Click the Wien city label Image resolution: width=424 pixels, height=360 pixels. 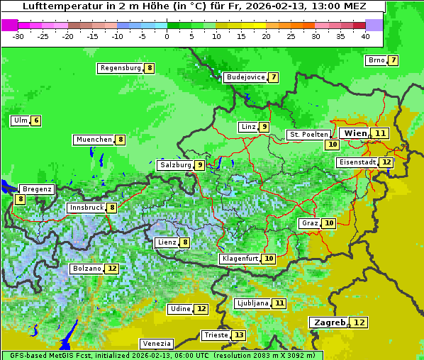point(355,133)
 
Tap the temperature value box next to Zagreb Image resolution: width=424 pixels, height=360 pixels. point(360,322)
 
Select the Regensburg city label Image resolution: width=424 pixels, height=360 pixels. point(120,68)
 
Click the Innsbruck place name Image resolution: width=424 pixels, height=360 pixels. point(86,208)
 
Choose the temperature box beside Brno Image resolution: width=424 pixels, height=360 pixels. point(393,60)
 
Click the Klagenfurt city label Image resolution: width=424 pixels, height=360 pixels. point(239,259)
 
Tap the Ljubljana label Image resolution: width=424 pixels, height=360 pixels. point(252,303)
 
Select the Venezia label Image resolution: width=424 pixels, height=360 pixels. point(156,344)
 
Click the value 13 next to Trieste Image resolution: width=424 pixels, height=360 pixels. point(239,335)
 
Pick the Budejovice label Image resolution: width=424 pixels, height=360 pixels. point(245,77)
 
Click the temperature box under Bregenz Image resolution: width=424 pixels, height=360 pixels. point(20,200)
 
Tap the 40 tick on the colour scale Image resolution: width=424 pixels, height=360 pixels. point(365,35)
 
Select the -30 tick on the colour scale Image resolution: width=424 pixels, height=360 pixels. point(18,35)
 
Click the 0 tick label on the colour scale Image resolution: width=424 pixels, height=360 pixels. point(167,35)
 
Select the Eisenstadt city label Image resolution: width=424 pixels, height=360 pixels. point(357,162)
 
